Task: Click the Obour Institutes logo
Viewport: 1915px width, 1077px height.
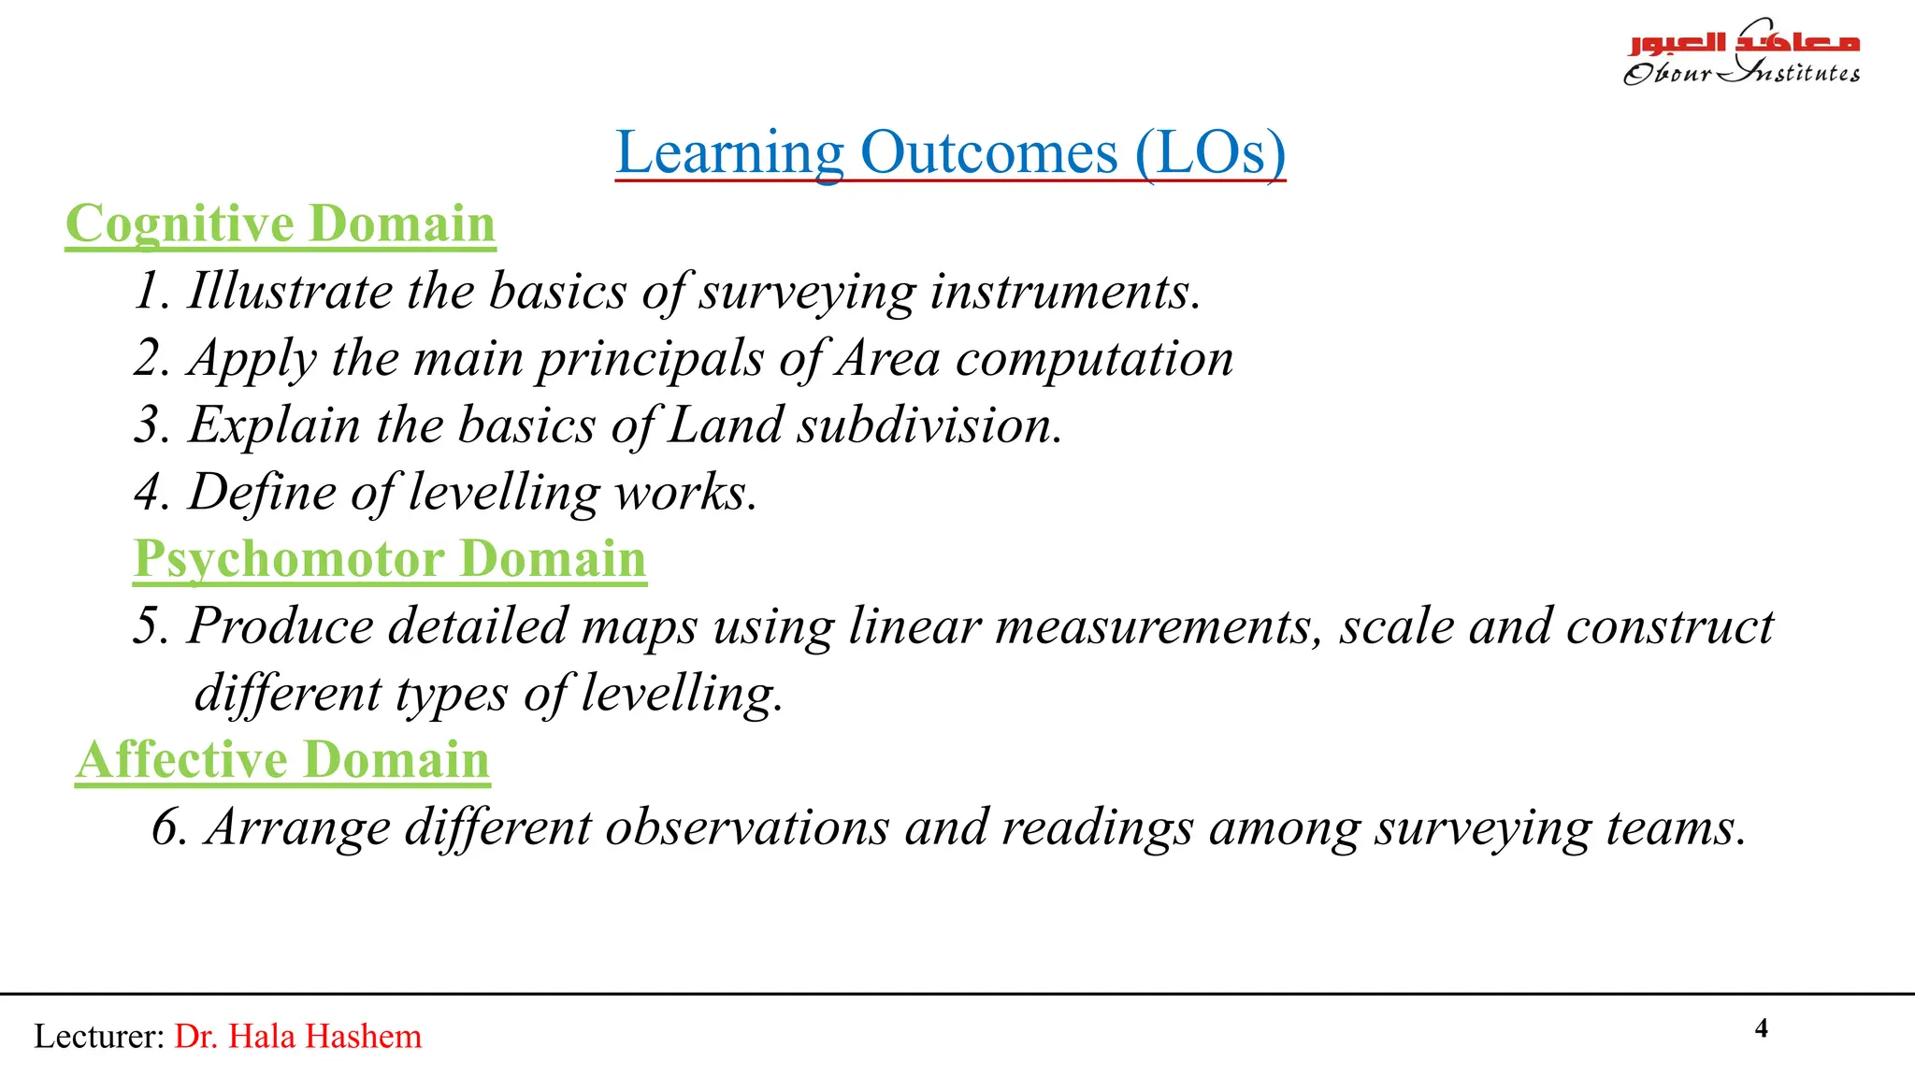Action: [1741, 53]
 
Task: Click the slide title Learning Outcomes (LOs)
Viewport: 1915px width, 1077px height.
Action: [950, 152]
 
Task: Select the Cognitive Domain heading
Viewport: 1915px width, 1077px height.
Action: [281, 224]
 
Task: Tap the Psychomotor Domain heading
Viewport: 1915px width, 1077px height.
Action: [390, 559]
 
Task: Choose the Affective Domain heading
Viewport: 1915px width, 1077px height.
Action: [283, 759]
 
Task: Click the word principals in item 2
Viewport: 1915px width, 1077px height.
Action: [650, 358]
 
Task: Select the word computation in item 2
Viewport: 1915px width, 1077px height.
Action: [1094, 358]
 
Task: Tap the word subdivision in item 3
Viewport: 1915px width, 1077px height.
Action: [929, 425]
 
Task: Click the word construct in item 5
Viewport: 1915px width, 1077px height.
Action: [1669, 625]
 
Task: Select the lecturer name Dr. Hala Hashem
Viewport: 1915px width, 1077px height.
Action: [298, 1036]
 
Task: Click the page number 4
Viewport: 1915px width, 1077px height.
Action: [1762, 1028]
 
